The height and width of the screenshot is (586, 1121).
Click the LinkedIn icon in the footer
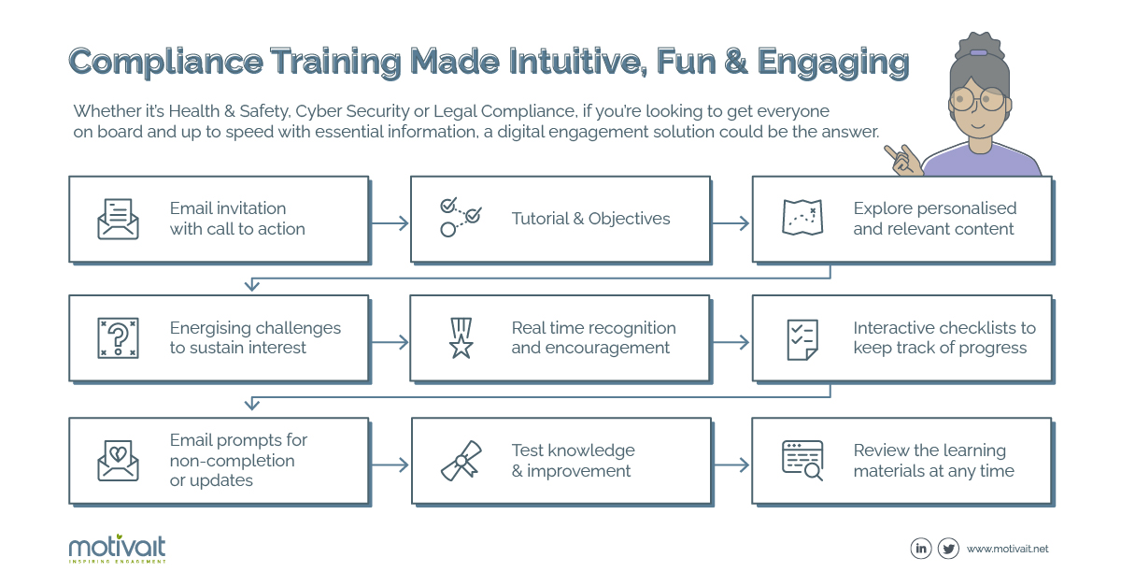click(921, 549)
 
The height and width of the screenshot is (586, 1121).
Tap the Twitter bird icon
click(948, 549)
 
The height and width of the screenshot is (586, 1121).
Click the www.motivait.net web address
click(1007, 549)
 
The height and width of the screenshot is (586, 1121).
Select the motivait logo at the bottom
click(117, 549)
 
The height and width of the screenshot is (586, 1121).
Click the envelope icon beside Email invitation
click(118, 219)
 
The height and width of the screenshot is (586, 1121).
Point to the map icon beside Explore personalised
click(802, 218)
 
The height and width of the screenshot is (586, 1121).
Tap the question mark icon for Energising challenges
click(118, 338)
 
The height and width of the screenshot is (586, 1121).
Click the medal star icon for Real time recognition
click(461, 338)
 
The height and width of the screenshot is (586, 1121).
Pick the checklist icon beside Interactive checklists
click(802, 340)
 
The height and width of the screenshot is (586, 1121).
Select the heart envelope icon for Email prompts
click(118, 461)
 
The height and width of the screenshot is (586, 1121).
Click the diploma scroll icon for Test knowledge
click(461, 461)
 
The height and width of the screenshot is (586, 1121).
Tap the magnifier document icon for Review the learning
click(802, 461)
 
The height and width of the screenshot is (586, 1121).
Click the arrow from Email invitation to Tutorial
click(390, 222)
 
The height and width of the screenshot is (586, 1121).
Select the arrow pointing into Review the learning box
click(731, 465)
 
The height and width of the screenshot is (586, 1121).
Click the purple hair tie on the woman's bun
click(978, 52)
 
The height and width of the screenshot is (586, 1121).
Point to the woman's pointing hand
click(903, 160)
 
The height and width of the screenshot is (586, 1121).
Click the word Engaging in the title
click(832, 63)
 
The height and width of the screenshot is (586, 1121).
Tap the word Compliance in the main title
click(165, 62)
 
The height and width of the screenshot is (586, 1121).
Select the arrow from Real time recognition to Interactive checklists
click(731, 343)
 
